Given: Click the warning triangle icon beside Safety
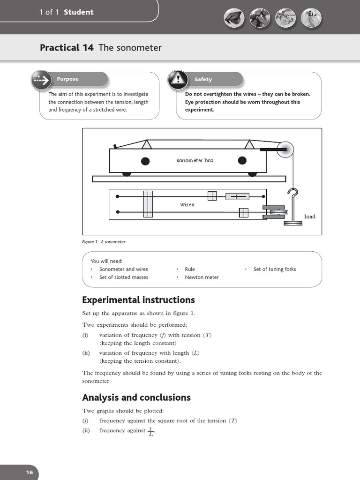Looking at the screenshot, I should click(x=176, y=79).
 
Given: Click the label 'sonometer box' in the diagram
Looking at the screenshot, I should click(x=195, y=160).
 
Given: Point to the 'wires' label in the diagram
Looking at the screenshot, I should click(x=187, y=205).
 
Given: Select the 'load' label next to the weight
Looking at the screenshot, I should click(x=310, y=217).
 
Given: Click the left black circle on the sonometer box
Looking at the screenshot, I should click(x=145, y=161).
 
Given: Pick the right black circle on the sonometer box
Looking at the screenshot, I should click(x=242, y=161).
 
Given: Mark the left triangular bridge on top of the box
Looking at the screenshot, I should click(x=146, y=144).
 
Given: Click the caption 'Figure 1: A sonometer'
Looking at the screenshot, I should click(x=104, y=242).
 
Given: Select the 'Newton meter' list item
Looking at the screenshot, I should click(x=202, y=277).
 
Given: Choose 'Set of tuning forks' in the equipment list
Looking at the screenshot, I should click(x=275, y=269).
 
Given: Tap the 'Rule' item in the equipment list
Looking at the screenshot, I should click(x=190, y=269).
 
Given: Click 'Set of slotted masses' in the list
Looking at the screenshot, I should click(x=124, y=277).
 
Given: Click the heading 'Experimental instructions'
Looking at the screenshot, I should click(x=138, y=300).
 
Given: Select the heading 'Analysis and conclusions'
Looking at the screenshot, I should click(x=136, y=397).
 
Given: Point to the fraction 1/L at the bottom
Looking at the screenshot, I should click(x=150, y=431).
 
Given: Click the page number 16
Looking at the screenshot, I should click(x=29, y=472).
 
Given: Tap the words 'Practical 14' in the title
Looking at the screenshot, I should click(x=67, y=47).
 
